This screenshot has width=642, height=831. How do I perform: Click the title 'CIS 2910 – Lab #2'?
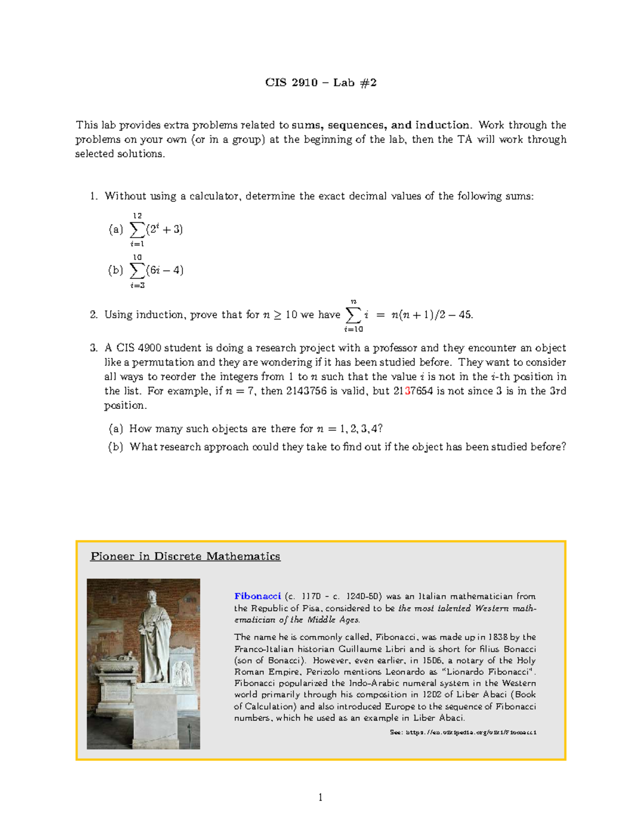(321, 82)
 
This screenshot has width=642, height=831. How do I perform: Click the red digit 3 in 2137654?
(408, 391)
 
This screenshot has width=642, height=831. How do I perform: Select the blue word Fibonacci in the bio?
(257, 596)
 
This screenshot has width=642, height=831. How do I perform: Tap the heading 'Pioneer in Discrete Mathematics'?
(185, 556)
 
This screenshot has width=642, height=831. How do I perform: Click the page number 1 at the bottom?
(320, 798)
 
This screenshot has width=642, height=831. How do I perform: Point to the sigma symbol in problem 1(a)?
(137, 230)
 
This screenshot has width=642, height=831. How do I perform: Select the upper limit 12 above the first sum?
(137, 216)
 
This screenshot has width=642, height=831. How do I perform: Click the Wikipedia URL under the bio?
(463, 732)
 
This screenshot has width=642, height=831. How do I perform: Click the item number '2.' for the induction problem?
(94, 315)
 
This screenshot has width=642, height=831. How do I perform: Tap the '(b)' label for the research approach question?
(116, 447)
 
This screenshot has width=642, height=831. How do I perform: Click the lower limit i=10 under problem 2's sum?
(353, 329)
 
